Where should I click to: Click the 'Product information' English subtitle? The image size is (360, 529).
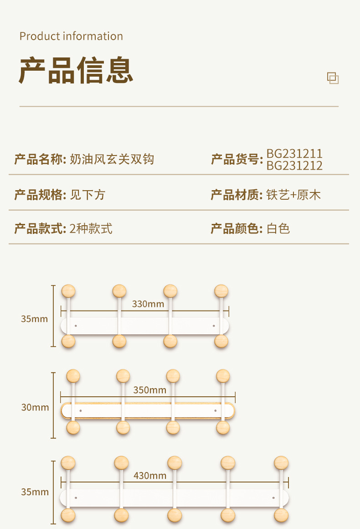coord(71,36)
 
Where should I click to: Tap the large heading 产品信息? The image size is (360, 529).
coord(76,71)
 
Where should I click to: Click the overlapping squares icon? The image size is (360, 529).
coord(333,78)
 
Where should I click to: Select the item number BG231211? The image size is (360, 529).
coord(294,154)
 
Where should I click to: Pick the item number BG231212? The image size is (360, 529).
coord(294,166)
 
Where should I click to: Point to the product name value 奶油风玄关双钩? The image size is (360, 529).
coord(112,159)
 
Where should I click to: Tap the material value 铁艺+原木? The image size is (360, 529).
coord(294,195)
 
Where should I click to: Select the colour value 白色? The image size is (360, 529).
coord(278,228)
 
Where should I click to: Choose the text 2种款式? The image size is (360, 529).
coord(91,228)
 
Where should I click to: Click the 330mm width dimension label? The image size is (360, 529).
coord(148,304)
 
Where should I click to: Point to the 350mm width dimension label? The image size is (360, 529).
coord(149,390)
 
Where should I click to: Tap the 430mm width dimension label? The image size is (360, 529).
coord(150,476)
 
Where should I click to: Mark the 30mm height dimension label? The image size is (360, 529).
coord(35,407)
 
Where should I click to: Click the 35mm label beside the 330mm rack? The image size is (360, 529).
coord(34,319)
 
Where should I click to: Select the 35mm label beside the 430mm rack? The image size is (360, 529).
coord(35,492)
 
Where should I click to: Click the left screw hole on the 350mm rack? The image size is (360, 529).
coord(81,411)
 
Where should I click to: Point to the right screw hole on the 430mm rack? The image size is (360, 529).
coord(273,497)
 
